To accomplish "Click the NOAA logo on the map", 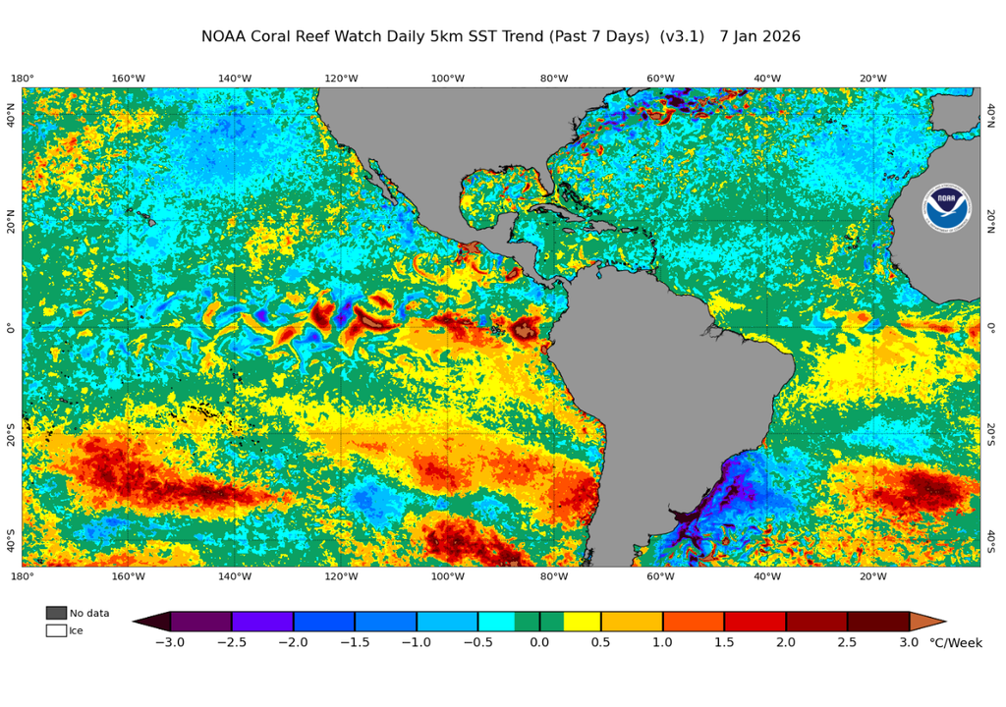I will click(x=945, y=206).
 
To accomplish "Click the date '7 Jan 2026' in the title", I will click(x=759, y=36).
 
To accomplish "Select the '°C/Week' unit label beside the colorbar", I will click(x=956, y=643).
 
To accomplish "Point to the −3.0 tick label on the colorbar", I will click(x=170, y=643).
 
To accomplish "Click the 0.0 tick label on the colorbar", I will click(x=539, y=643).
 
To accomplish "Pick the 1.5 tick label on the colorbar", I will click(x=724, y=643).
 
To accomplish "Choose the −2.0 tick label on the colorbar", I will click(x=293, y=643).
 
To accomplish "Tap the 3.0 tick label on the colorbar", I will click(x=909, y=643).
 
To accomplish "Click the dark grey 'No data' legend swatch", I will click(x=56, y=613).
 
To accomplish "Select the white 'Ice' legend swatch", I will click(x=56, y=630).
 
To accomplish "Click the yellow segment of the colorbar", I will click(x=582, y=621).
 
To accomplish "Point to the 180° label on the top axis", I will click(x=23, y=79).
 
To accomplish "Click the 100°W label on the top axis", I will click(x=447, y=79).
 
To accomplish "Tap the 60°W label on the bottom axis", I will click(x=660, y=576).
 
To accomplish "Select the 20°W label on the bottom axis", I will click(x=873, y=576).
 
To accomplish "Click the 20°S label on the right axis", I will click(x=990, y=434).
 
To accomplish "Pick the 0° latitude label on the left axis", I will click(x=11, y=328).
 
